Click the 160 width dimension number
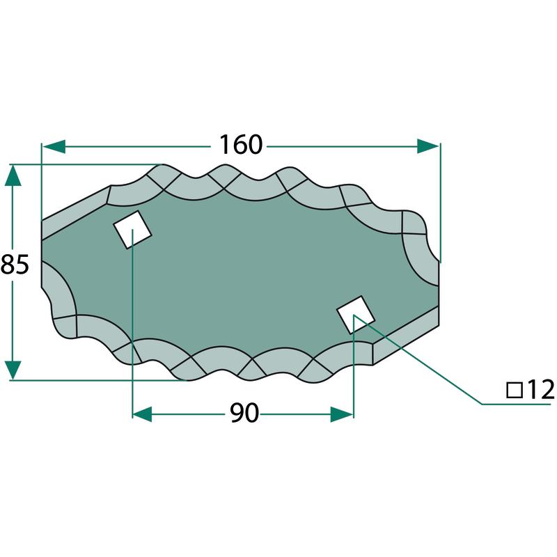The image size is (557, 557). pyautogui.click(x=241, y=145)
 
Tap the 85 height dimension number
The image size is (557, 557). pyautogui.click(x=15, y=265)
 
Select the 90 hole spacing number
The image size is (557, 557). pyautogui.click(x=244, y=413)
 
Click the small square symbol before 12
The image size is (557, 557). pyautogui.click(x=515, y=390)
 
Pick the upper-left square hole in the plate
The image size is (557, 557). pyautogui.click(x=132, y=230)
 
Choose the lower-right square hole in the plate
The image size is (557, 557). pyautogui.click(x=356, y=315)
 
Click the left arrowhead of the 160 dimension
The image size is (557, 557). pyautogui.click(x=54, y=146)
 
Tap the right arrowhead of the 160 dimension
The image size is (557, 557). pyautogui.click(x=428, y=146)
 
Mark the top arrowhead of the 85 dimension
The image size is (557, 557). pyautogui.click(x=13, y=175)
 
